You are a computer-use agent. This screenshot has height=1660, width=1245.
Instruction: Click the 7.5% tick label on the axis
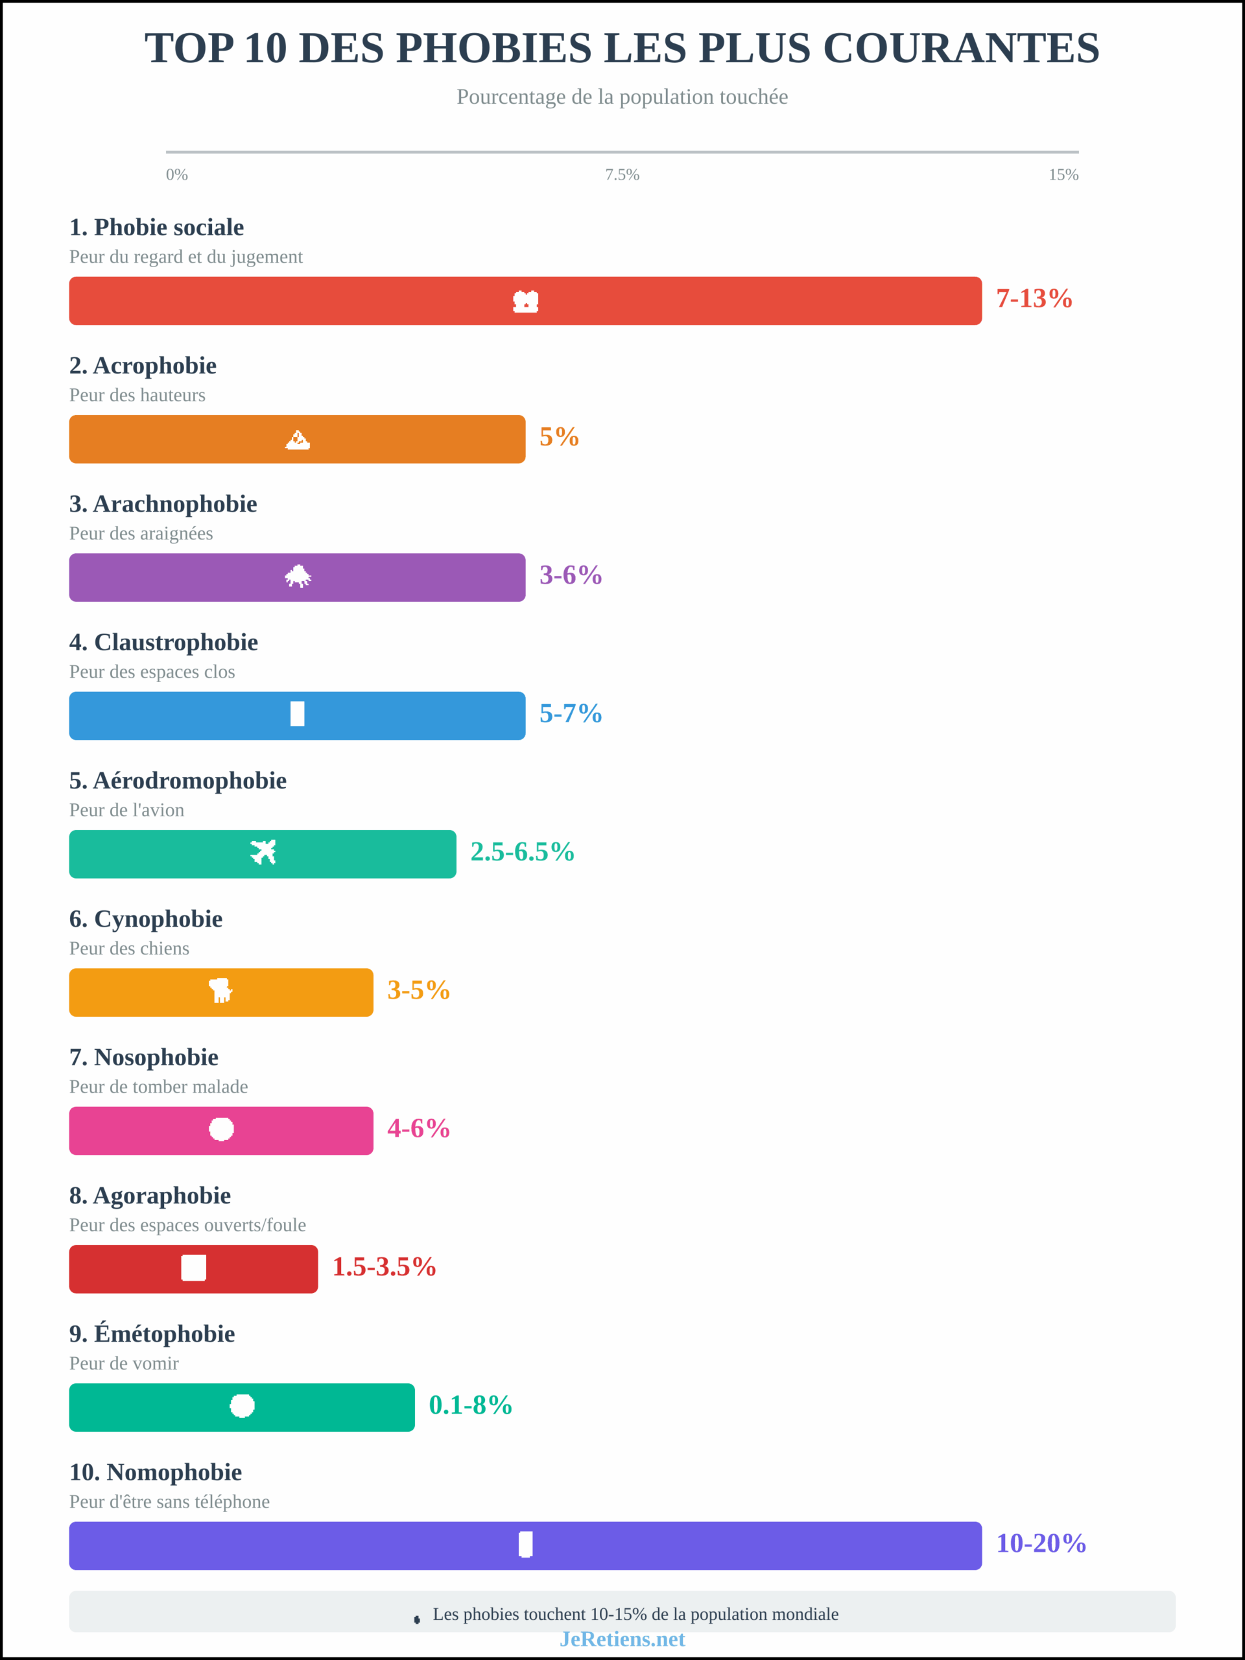(x=622, y=175)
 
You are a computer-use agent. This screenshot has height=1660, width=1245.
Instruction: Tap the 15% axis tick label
(x=1063, y=175)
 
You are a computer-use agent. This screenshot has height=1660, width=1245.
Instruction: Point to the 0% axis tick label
(x=176, y=175)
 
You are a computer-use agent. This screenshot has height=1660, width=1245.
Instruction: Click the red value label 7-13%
(x=1034, y=299)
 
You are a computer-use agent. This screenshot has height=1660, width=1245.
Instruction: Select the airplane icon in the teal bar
(x=263, y=853)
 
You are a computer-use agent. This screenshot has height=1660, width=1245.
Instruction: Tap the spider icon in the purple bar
(x=298, y=576)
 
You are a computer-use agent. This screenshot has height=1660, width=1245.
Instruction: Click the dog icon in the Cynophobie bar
(x=220, y=991)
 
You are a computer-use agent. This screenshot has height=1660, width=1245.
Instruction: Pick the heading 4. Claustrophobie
(x=163, y=643)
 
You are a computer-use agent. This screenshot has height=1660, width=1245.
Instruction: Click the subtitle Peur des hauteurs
(x=137, y=396)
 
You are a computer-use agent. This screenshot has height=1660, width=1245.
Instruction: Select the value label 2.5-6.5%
(x=521, y=852)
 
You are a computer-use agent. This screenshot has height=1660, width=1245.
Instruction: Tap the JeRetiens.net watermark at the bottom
(x=622, y=1639)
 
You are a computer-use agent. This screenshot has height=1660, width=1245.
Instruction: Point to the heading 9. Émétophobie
(x=152, y=1334)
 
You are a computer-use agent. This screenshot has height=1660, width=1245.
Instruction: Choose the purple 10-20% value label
(x=1040, y=1544)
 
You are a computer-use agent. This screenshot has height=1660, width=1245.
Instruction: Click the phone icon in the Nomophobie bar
(x=525, y=1545)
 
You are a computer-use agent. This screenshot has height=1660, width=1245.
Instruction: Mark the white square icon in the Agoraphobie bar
(x=194, y=1268)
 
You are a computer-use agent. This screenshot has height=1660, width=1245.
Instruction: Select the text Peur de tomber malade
(x=158, y=1087)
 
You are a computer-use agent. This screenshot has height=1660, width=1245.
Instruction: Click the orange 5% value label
(x=559, y=437)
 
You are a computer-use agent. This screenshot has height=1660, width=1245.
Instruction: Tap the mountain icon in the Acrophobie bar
(x=298, y=440)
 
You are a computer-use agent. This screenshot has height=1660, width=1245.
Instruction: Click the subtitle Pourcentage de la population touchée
(x=622, y=97)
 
